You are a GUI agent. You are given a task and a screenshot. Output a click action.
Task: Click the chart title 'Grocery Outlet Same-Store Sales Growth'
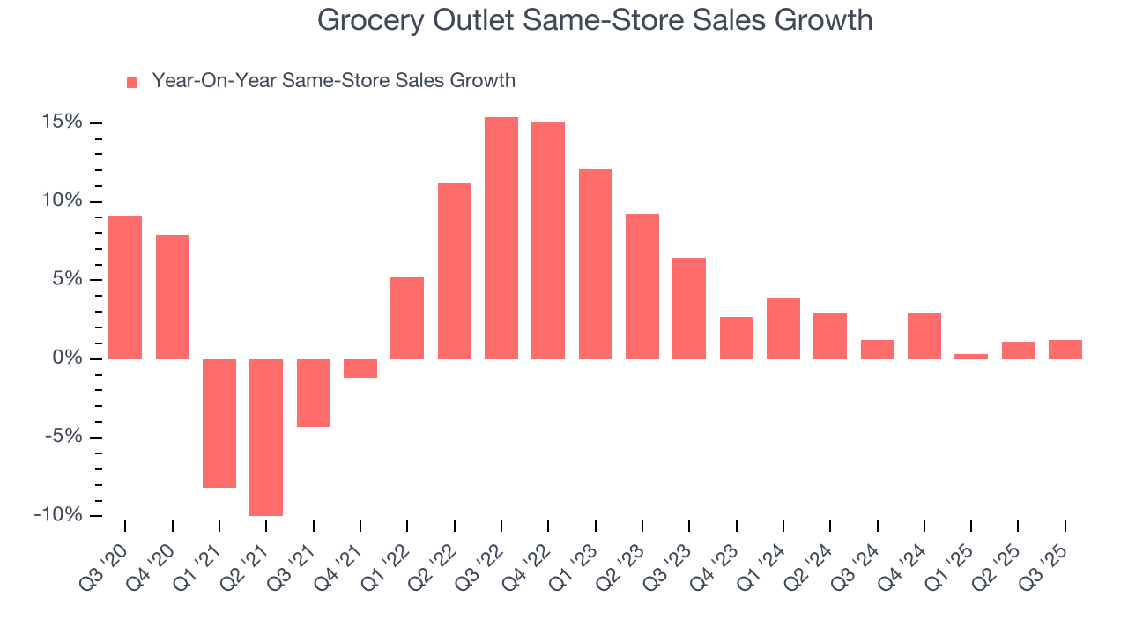coord(595,20)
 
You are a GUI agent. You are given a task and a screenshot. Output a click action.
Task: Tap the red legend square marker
coord(132,82)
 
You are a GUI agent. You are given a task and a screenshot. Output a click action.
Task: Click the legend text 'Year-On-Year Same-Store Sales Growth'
coord(333,81)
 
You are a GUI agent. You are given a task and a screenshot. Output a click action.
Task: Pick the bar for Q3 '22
coord(501,238)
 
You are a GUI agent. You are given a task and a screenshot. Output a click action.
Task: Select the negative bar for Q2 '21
coord(266,437)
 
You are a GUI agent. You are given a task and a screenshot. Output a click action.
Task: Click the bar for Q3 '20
coord(125,287)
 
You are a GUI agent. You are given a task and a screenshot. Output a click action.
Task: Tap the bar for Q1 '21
coord(219,423)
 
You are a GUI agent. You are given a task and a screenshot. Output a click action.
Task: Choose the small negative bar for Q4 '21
coord(360,368)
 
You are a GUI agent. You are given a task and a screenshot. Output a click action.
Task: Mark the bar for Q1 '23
coord(596,263)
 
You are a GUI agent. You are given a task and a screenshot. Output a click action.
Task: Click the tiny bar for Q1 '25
coord(971,356)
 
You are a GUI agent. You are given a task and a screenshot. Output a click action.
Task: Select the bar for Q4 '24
coord(924,335)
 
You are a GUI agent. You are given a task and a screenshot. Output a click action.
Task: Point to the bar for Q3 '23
coord(689,308)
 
